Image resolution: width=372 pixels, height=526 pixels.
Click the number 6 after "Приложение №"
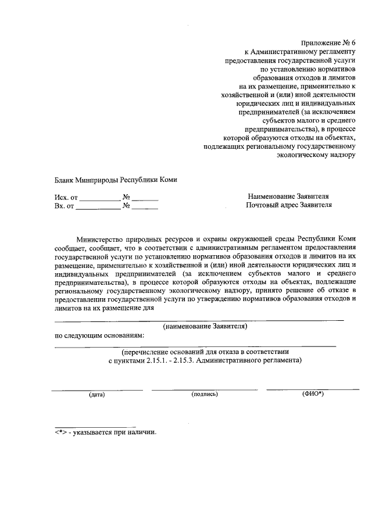click(351, 42)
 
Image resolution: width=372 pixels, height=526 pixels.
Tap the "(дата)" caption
click(96, 395)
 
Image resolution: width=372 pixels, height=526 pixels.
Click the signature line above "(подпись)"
click(205, 389)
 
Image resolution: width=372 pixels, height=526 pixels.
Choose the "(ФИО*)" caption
click(313, 394)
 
